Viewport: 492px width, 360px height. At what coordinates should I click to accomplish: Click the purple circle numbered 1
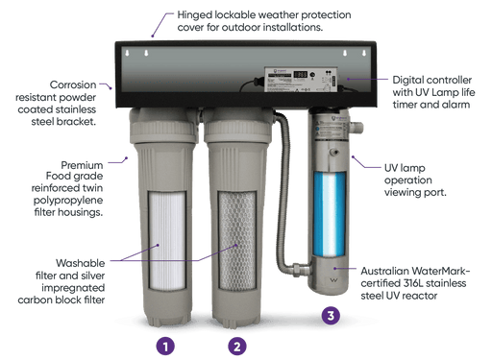tap(165, 347)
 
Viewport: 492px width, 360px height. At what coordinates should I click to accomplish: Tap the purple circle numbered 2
tap(237, 347)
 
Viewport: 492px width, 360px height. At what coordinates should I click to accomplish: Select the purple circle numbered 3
tap(331, 316)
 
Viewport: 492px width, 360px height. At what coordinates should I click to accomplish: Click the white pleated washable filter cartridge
tap(167, 241)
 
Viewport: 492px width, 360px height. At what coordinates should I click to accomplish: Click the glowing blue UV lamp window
tap(330, 214)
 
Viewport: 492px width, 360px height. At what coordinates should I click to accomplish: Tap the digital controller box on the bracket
tap(301, 80)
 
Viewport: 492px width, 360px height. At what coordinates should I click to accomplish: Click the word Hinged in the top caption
tap(195, 15)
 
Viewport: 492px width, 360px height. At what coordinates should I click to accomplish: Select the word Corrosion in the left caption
tap(73, 84)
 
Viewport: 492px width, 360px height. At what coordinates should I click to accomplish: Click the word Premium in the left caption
tap(82, 165)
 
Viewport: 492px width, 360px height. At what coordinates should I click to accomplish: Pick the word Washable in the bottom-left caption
tap(80, 263)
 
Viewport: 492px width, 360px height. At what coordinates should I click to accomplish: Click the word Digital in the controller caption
tap(406, 81)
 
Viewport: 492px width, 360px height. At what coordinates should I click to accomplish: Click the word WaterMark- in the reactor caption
tap(437, 271)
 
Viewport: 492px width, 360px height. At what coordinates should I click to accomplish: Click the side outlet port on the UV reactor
tap(357, 128)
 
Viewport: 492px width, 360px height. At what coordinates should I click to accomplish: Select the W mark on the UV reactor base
tap(333, 280)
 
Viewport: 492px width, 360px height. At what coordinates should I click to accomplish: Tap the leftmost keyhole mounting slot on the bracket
tap(127, 53)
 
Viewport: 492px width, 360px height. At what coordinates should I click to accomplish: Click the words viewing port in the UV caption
tap(415, 192)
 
